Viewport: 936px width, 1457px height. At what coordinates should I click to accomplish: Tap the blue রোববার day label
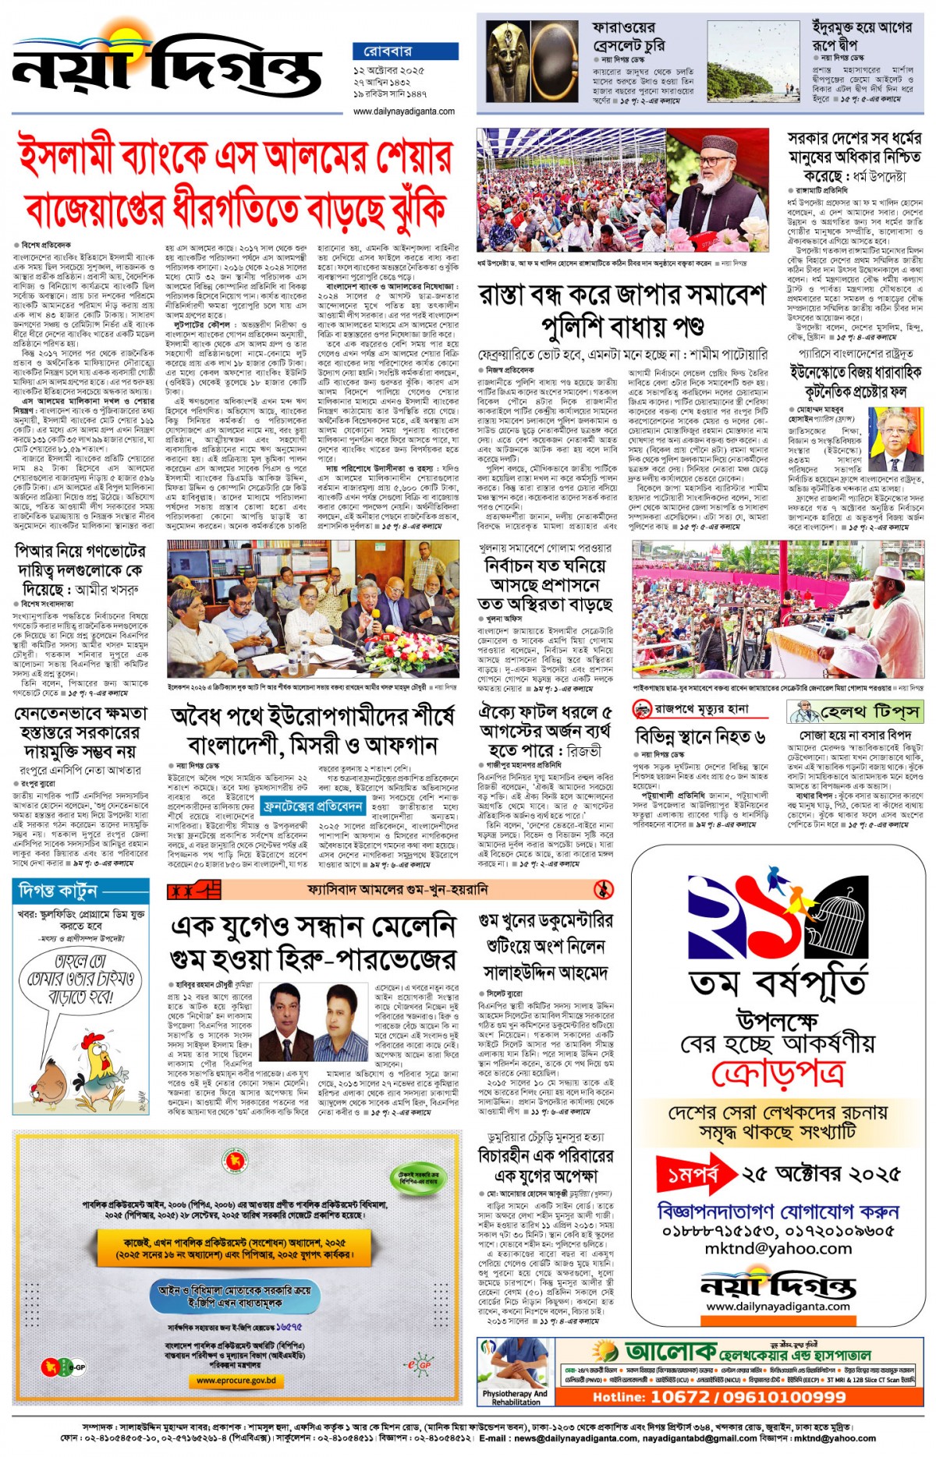404,51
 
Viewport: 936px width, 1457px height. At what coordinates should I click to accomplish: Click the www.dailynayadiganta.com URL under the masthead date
404,112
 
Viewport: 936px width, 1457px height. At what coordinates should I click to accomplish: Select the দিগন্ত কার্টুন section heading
58,891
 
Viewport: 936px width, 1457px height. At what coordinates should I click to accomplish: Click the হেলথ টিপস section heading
859,711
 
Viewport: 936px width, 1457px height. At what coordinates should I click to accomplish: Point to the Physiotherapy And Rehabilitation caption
515,1397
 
